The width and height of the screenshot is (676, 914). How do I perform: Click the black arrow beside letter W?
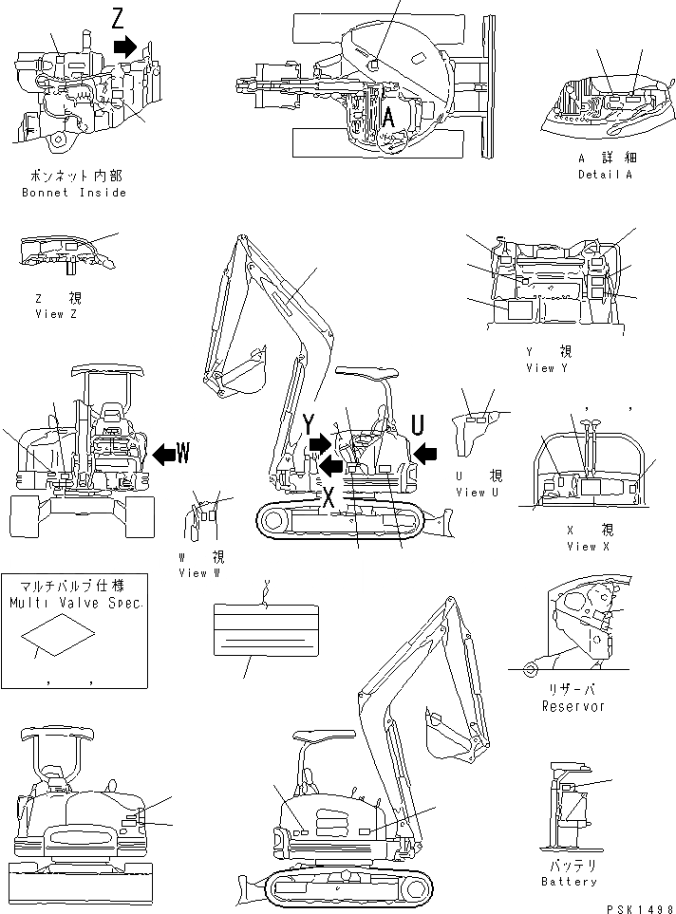pos(164,455)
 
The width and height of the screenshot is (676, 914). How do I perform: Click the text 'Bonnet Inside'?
pos(74,193)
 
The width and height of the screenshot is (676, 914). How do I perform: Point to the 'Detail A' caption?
pos(605,175)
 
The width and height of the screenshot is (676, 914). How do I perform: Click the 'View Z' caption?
pos(55,314)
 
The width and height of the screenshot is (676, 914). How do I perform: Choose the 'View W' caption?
pos(205,572)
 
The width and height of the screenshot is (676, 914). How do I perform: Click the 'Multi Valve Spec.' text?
pos(75,603)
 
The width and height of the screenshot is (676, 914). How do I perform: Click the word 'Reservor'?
pos(573,706)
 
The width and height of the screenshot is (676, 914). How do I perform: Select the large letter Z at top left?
pos(117,18)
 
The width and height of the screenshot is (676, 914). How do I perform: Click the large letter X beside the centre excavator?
pos(328,497)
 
